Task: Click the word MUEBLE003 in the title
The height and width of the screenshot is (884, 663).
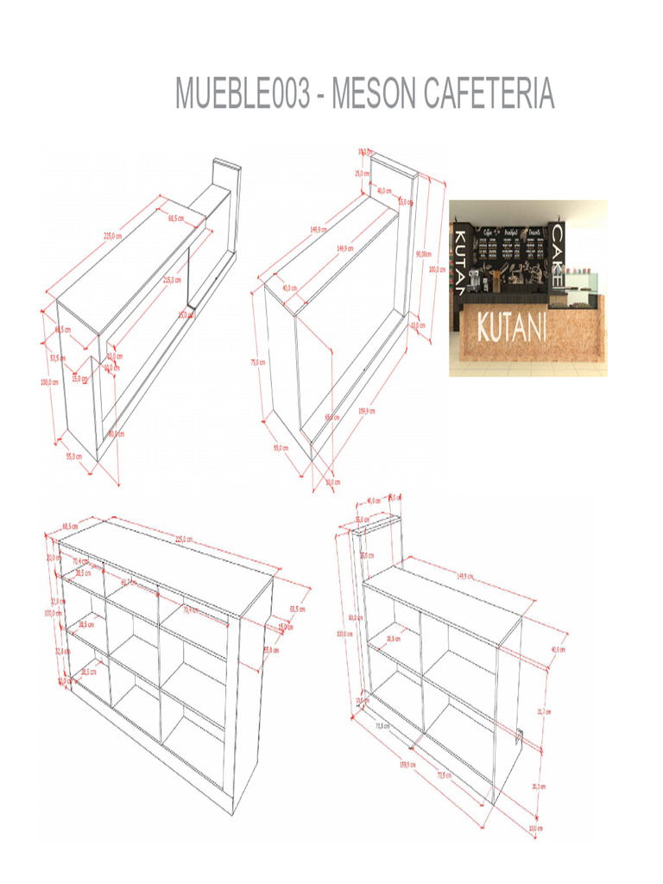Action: coord(241,93)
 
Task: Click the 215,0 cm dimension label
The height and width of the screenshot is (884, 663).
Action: coord(172,280)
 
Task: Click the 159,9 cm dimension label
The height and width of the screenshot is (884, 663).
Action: coord(366,412)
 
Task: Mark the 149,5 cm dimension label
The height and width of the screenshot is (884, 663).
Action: coord(465,576)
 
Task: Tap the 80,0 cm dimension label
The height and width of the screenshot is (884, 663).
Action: coord(116,434)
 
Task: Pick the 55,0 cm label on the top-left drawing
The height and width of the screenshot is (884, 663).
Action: coord(75,456)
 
